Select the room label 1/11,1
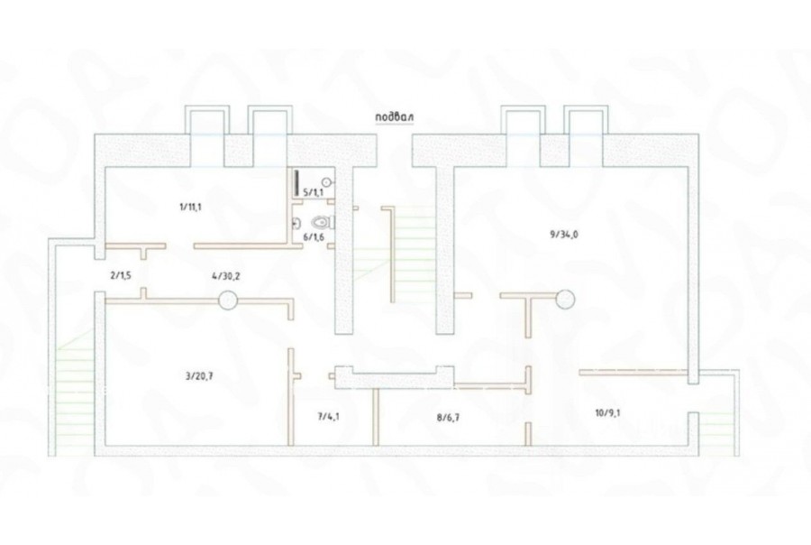click(x=190, y=207)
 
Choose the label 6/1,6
click(x=313, y=236)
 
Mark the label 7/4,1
click(x=329, y=417)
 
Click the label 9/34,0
click(x=563, y=235)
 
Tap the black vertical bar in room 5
click(x=296, y=183)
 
